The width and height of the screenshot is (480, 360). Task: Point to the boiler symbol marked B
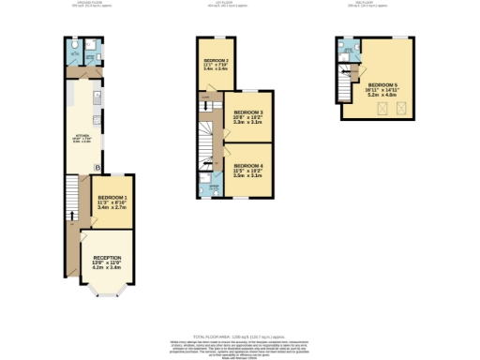pyautogui.click(x=97, y=169)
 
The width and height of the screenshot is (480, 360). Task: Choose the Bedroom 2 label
pyautogui.click(x=217, y=59)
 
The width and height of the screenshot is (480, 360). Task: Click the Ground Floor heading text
pyautogui.click(x=86, y=4)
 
